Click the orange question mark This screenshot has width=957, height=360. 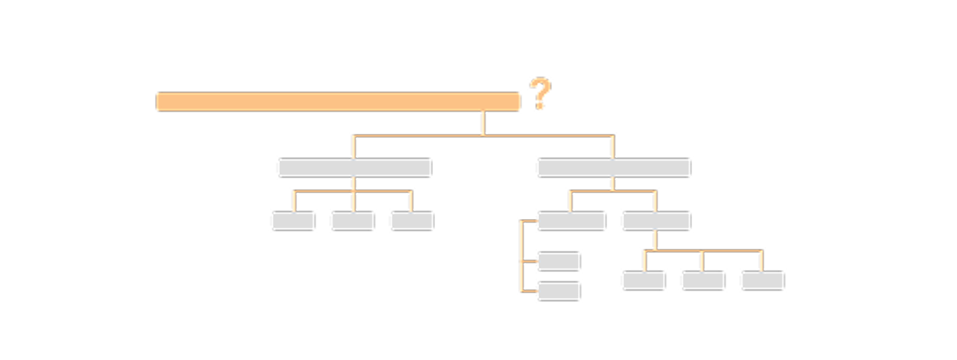(x=540, y=94)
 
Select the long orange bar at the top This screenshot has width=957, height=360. (x=338, y=101)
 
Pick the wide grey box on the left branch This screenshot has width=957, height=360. (x=354, y=167)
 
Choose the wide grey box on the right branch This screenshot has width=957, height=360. (x=613, y=167)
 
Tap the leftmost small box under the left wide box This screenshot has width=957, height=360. (x=293, y=221)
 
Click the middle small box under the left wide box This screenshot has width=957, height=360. (x=352, y=221)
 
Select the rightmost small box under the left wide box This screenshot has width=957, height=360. (x=411, y=221)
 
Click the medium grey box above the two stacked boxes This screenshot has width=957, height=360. (x=571, y=221)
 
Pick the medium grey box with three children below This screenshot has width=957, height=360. (x=656, y=221)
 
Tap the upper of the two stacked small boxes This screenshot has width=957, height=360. (x=558, y=262)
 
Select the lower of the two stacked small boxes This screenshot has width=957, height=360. (x=558, y=291)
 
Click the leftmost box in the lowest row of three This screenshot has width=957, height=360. (x=643, y=280)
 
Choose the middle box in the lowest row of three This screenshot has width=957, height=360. (x=703, y=280)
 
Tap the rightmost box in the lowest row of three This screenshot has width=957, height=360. (x=762, y=280)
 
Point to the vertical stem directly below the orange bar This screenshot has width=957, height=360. (x=482, y=123)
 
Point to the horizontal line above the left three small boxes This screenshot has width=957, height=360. (x=324, y=191)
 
